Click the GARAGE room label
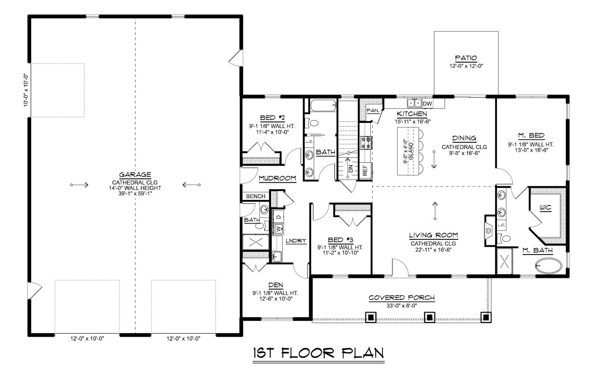coord(135,175)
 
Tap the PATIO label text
coord(466,58)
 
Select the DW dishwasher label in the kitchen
coord(427,103)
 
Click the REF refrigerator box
coord(365,170)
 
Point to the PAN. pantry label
coord(373,110)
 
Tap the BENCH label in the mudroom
coord(256,197)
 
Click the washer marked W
coord(278,228)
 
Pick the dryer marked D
coord(278,216)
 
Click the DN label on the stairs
coord(351,169)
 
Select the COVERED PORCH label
coord(401,298)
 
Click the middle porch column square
coord(430,317)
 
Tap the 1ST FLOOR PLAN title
coord(318,354)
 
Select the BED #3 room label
coord(341,240)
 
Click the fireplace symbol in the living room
coord(489,230)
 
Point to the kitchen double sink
coord(414,103)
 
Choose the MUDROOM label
coord(278,178)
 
